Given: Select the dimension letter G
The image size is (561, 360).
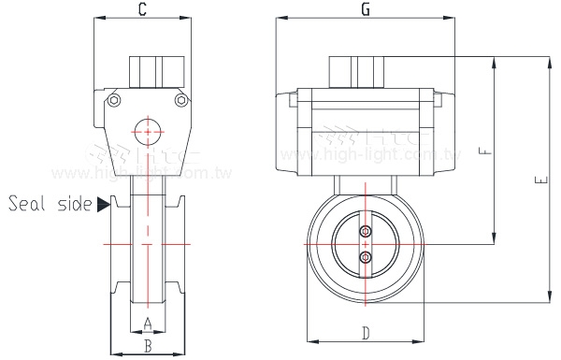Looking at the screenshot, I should click(365, 10).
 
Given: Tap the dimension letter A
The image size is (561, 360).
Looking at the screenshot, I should click(146, 324).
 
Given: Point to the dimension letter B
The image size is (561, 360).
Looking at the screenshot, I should click(146, 345).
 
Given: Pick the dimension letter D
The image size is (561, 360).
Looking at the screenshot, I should click(366, 333).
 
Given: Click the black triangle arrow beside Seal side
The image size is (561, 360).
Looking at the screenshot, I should click(102, 204).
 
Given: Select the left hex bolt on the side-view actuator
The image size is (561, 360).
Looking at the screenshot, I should click(114, 102).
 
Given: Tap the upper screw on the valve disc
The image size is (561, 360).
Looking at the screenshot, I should click(366, 232).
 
